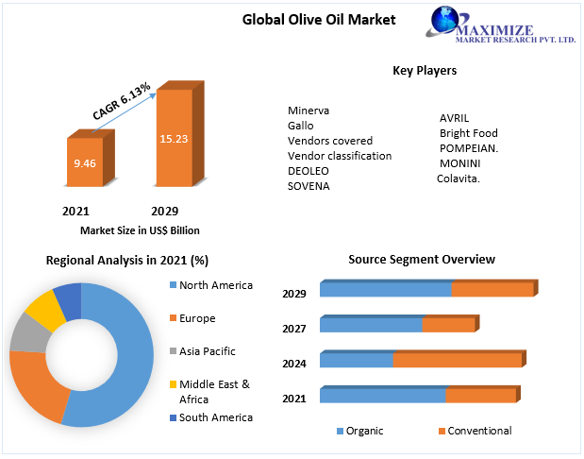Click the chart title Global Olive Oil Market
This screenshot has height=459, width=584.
coord(319,19)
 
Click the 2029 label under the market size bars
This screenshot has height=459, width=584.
coord(164,211)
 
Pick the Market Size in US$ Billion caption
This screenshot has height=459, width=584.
coord(140,230)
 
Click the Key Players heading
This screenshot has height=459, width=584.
coord(425,71)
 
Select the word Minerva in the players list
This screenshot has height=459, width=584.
coord(309,110)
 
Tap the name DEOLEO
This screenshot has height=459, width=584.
coord(309,171)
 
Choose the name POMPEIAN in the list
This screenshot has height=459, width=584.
coord(469,148)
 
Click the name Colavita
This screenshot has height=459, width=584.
coord(459,178)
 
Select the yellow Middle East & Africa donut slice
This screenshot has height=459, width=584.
coord(42,309)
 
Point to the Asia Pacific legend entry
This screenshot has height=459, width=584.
coord(207,351)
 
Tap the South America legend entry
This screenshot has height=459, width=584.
coord(215,417)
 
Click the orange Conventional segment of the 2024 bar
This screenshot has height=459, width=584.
coord(457,360)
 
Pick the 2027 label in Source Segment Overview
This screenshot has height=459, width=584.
coord(294,328)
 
